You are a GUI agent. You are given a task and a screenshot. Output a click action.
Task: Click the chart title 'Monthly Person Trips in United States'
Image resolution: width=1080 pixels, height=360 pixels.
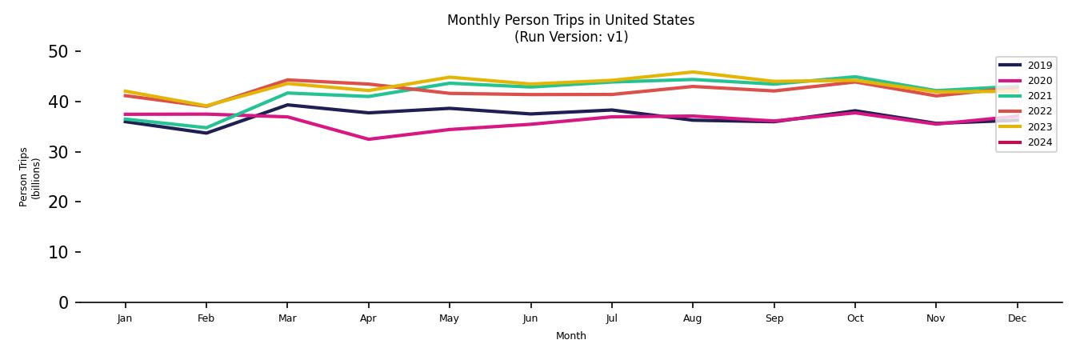tap(570, 20)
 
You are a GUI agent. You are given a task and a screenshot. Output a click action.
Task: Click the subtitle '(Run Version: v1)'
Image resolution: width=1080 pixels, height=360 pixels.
tap(570, 37)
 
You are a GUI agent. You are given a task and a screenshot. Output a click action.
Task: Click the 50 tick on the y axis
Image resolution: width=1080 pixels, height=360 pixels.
tap(59, 52)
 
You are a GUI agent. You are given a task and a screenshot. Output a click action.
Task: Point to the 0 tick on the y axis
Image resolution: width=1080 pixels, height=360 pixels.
tap(64, 302)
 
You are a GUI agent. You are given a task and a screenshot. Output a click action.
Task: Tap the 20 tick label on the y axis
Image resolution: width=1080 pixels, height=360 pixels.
tap(59, 202)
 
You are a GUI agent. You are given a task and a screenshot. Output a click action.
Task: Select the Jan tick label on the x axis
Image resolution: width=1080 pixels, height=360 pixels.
tap(125, 318)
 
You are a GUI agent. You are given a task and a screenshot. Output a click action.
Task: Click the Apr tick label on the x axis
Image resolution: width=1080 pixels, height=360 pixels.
tap(368, 318)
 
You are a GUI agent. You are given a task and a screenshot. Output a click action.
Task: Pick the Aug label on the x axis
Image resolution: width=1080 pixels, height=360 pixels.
tap(693, 318)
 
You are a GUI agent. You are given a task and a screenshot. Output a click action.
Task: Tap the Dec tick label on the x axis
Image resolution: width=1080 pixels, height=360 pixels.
tap(1017, 318)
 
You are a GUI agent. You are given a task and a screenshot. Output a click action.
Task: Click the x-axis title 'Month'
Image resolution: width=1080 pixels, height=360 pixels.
tap(570, 336)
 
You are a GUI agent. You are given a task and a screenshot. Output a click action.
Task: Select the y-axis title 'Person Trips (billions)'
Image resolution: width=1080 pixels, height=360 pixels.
tap(30, 177)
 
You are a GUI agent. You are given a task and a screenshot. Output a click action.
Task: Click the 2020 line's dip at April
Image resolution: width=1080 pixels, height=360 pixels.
tap(368, 139)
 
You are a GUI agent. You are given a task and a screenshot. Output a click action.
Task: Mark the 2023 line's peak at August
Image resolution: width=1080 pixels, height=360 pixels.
tap(693, 72)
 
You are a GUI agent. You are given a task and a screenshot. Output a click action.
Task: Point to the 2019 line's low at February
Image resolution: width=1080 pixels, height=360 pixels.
tap(206, 133)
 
